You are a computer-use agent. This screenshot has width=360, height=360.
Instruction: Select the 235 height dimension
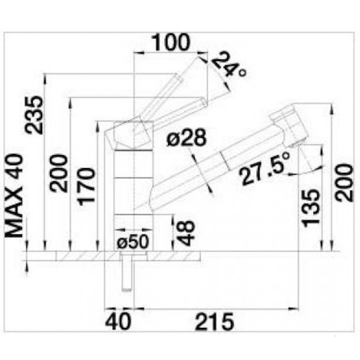(34, 115)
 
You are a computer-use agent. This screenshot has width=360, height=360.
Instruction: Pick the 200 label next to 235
(59, 174)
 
